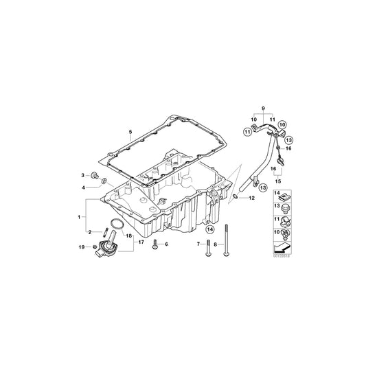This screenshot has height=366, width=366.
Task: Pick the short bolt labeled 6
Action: (157, 244)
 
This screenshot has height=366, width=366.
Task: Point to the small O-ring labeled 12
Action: (236, 198)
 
